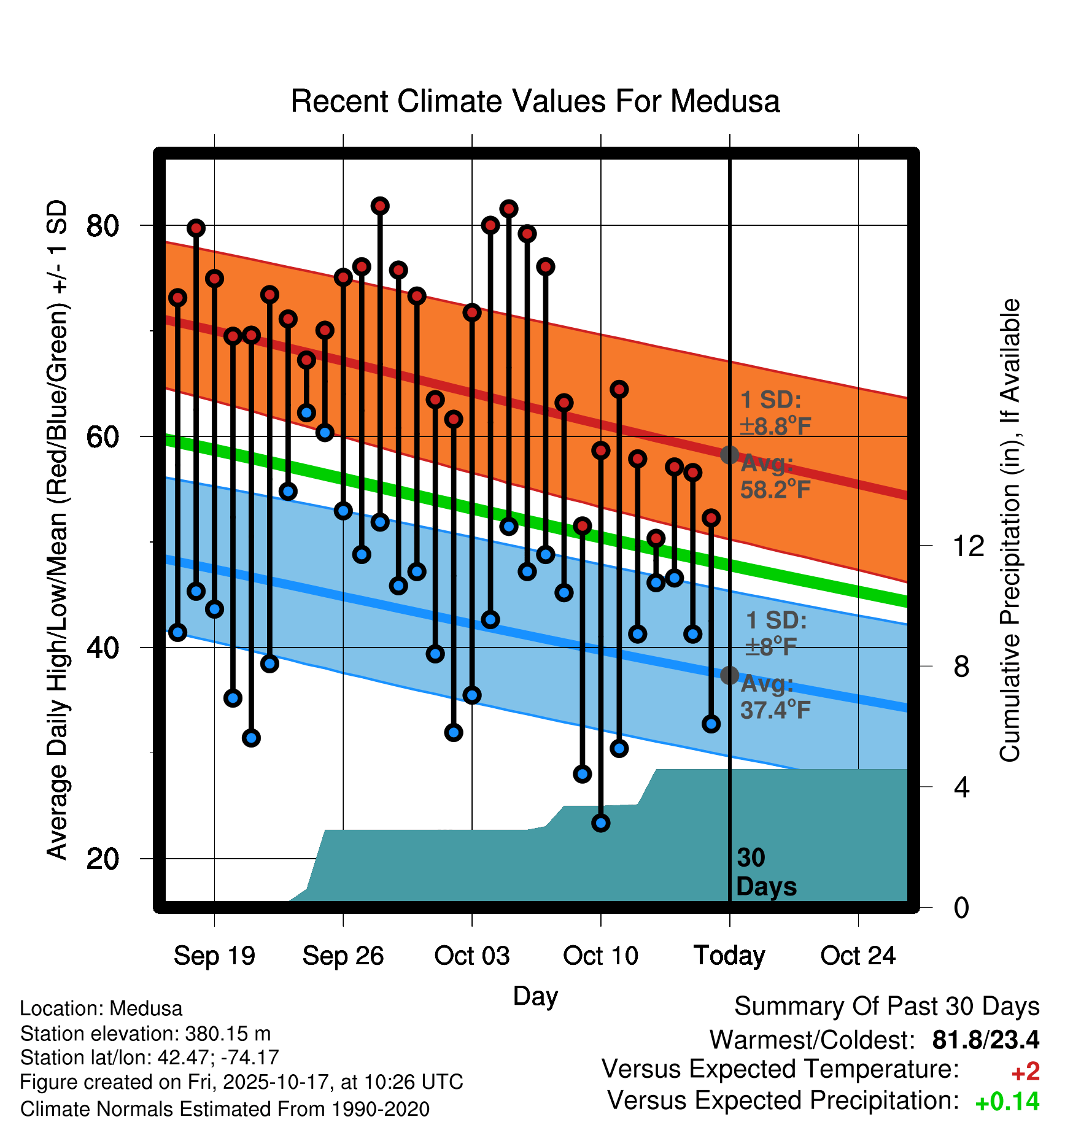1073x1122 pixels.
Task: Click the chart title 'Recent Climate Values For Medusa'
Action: (x=535, y=101)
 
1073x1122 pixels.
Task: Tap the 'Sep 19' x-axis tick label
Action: (x=214, y=956)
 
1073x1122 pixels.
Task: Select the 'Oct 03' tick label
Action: (x=471, y=956)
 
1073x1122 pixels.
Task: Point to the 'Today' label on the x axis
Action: (x=729, y=956)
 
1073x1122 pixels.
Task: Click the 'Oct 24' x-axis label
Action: (x=858, y=956)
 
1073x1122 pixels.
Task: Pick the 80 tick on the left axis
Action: (x=103, y=226)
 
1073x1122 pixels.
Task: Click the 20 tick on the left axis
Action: (x=103, y=859)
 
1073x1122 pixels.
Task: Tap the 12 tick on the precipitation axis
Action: (x=968, y=546)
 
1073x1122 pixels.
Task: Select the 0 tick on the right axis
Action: (x=961, y=907)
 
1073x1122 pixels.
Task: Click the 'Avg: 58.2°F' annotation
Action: (x=775, y=477)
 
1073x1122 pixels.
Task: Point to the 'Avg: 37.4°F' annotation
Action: (x=775, y=697)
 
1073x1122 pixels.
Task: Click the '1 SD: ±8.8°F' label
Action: (x=775, y=412)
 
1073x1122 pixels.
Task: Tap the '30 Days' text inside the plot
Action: (x=765, y=872)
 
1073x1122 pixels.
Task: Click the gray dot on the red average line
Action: (x=729, y=455)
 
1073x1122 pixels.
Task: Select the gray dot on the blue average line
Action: (x=729, y=675)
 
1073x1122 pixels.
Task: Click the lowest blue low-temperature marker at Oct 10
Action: (x=601, y=823)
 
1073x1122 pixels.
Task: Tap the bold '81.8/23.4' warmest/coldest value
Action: (x=985, y=1040)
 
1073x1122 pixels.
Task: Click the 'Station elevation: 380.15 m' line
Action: (x=145, y=1034)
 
